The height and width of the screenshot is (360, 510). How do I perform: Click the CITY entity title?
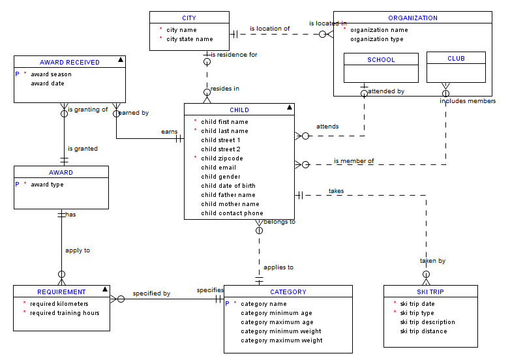coord(188,18)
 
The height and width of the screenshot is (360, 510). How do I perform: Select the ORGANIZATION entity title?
coord(412,18)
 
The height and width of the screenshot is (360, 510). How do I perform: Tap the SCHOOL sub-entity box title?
coord(381,60)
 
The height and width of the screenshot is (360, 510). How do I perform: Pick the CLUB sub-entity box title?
coord(456,59)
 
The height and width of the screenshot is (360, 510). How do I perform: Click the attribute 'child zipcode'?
coord(222,158)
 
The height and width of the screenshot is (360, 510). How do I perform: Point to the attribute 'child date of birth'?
coord(228,186)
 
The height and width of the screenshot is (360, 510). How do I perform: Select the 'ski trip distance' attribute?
coord(423,331)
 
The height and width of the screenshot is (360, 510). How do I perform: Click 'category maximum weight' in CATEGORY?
coord(281,340)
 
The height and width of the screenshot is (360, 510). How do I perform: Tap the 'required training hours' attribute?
coord(65,313)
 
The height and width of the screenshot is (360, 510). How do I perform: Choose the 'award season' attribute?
coord(51,74)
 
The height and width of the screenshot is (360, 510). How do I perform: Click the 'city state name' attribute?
coord(189,39)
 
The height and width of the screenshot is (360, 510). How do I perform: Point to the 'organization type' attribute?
coord(376,39)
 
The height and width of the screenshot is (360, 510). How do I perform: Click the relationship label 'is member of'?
coord(353,161)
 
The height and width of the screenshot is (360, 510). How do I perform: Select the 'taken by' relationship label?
coord(432,261)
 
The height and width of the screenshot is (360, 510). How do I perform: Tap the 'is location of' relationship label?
coord(269,29)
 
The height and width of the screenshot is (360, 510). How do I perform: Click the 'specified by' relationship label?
coord(151,293)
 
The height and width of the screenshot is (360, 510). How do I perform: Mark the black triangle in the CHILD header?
coord(290,108)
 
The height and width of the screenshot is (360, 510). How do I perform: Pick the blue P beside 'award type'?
coord(17,185)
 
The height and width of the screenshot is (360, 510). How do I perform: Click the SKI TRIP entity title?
coord(430,292)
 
